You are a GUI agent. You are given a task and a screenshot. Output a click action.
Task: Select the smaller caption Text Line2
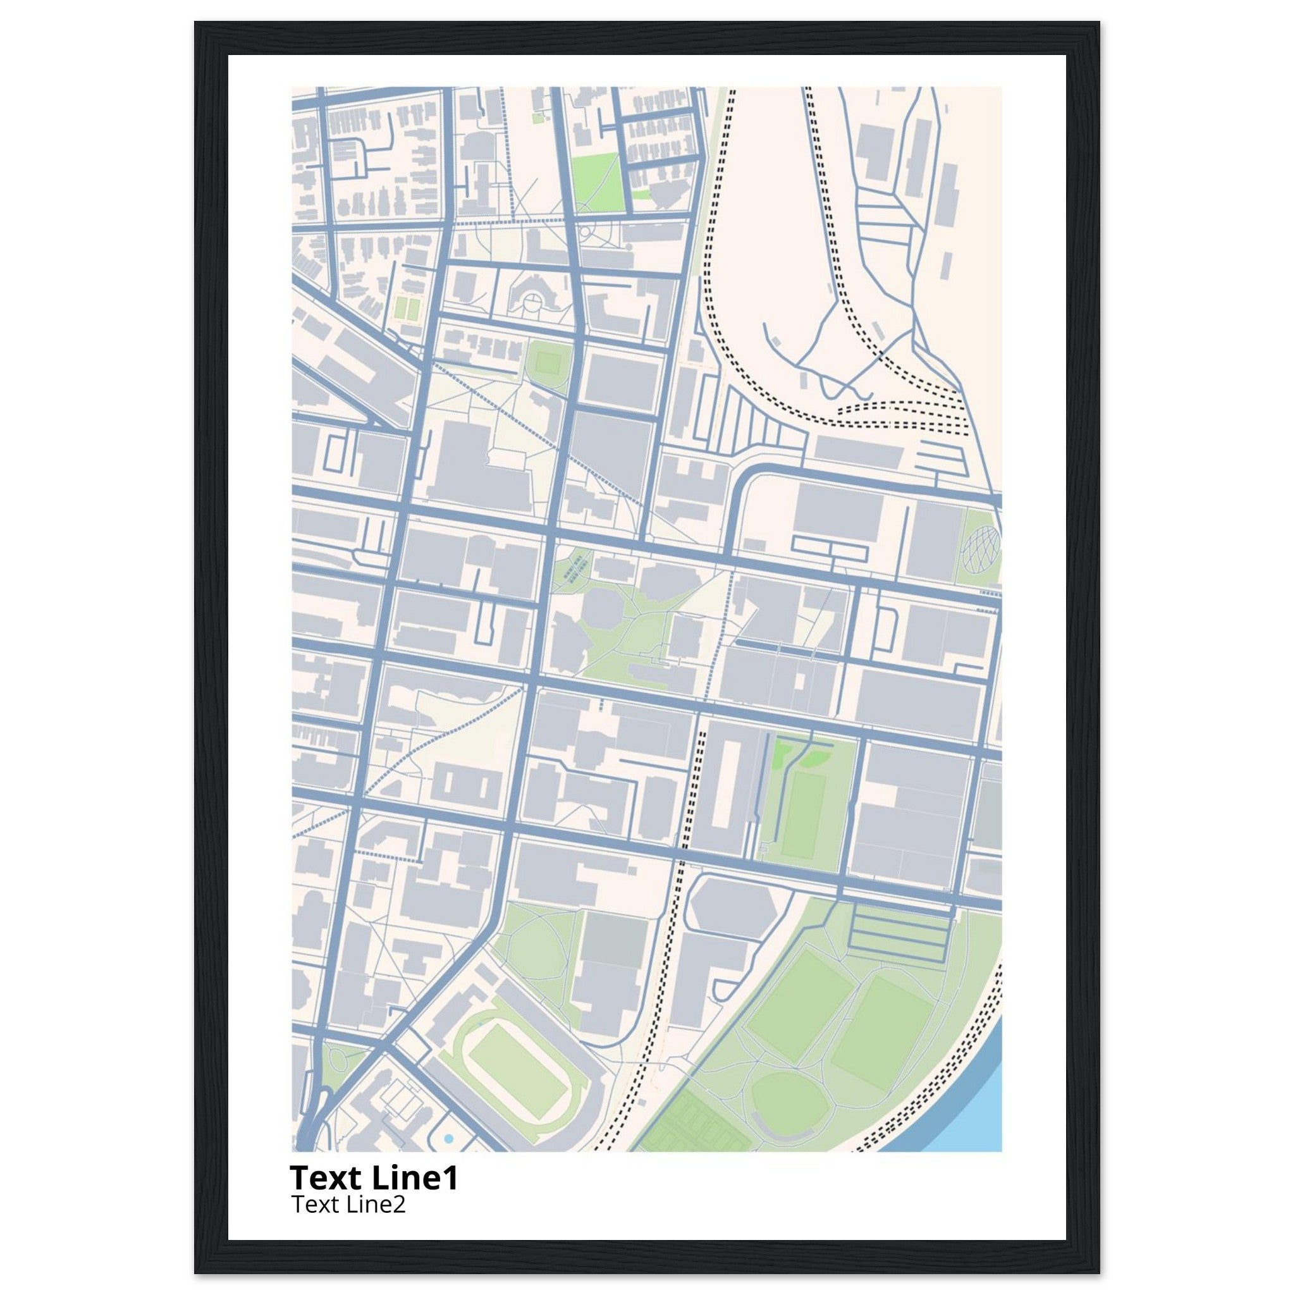pyautogui.click(x=348, y=1205)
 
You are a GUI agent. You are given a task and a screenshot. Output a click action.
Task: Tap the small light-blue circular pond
pyautogui.click(x=448, y=1139)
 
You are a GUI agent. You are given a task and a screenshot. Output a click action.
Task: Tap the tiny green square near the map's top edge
pyautogui.click(x=537, y=118)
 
